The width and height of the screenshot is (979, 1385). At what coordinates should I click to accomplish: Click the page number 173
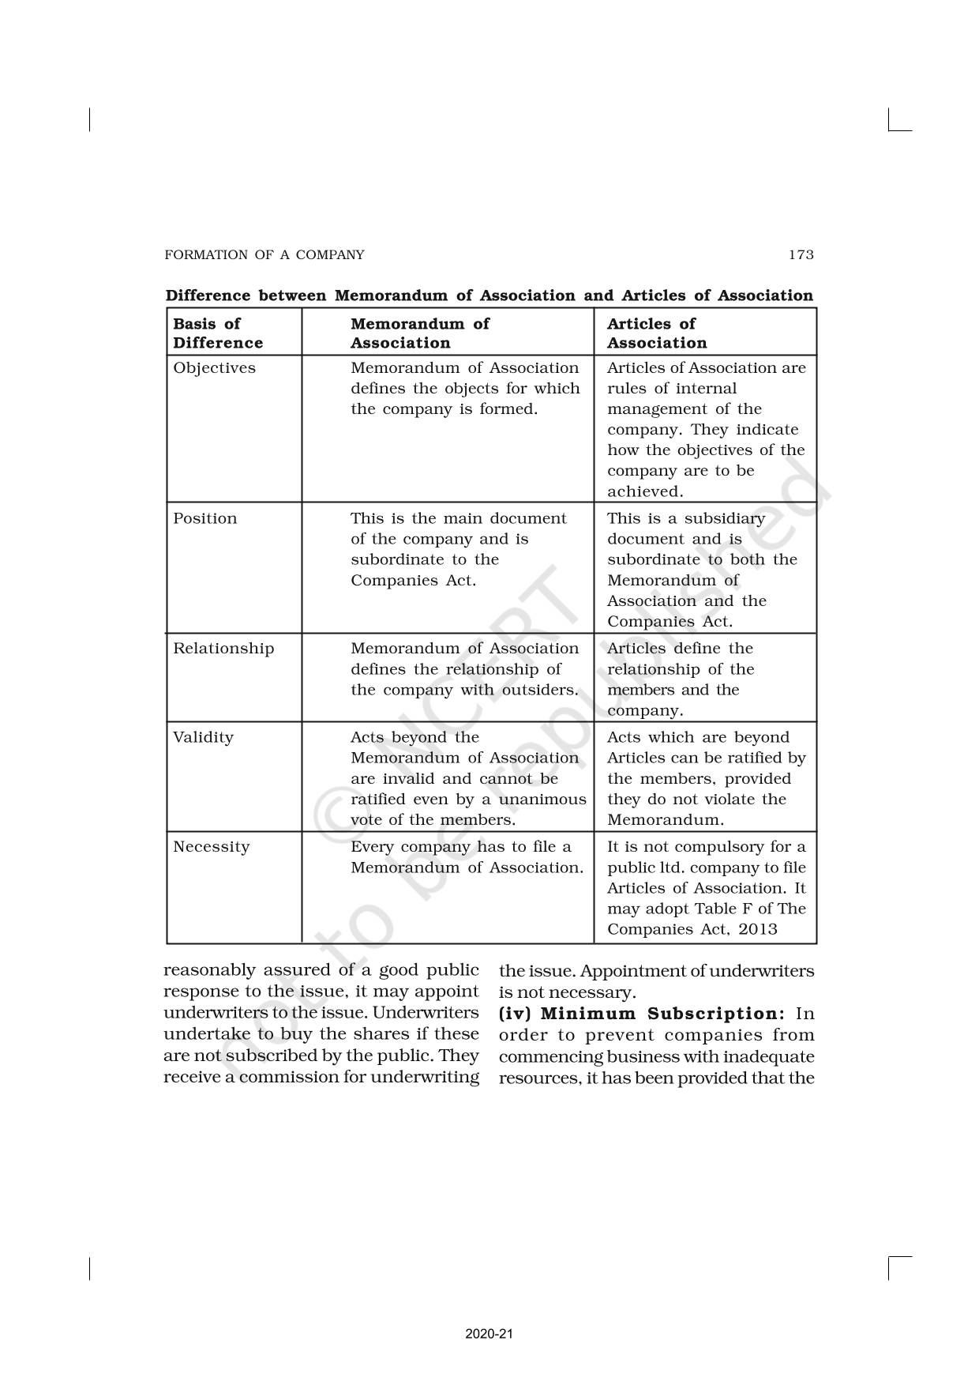[801, 254]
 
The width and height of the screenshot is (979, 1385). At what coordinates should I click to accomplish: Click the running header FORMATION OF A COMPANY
[264, 254]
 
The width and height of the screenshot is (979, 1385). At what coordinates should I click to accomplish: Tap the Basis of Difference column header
[218, 333]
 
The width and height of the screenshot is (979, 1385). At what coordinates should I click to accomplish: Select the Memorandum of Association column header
[419, 333]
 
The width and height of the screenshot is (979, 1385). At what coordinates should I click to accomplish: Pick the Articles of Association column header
[656, 333]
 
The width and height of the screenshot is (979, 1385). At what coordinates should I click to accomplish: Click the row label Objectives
[214, 367]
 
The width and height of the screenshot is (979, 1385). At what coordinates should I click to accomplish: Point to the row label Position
[204, 518]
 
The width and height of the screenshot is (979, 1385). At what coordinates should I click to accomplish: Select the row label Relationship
[223, 649]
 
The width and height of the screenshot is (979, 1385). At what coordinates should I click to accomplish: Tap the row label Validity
[203, 737]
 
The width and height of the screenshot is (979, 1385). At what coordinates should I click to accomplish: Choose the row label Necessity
[211, 847]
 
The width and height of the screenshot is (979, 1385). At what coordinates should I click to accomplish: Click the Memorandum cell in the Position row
[458, 549]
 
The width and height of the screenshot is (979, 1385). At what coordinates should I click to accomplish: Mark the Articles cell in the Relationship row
[681, 679]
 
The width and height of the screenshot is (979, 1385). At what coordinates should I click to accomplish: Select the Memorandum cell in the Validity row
[467, 778]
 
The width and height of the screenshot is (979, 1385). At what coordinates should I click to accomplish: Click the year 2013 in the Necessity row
[758, 929]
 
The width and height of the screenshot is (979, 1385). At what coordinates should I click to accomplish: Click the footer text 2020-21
[489, 1334]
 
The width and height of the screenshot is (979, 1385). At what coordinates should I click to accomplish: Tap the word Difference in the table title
[208, 295]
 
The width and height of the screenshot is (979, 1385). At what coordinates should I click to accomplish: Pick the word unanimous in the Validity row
[545, 799]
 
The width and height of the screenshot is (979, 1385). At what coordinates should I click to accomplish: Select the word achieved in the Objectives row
[644, 491]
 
